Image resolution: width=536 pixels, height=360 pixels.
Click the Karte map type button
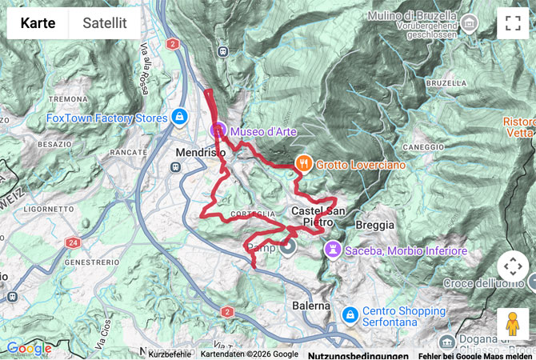[38, 23]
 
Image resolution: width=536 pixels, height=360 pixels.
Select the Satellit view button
[105, 23]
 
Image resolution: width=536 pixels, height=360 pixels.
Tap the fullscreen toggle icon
[513, 23]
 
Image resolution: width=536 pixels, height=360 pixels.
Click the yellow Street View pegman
[513, 324]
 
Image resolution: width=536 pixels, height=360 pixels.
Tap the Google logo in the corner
[29, 349]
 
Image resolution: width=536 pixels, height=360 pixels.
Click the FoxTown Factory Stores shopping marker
[179, 118]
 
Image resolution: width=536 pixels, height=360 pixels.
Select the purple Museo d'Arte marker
[217, 130]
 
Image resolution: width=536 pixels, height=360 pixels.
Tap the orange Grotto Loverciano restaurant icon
[304, 164]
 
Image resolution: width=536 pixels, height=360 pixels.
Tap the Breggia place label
[374, 226]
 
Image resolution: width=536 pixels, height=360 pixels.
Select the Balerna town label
[310, 306]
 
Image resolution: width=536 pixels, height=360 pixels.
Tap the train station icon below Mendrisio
[175, 167]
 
